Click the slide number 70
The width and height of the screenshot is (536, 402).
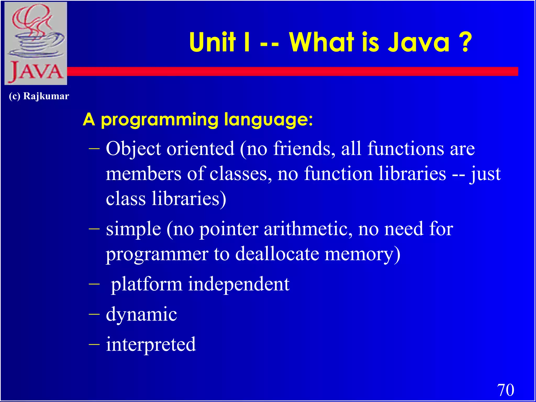click(x=505, y=390)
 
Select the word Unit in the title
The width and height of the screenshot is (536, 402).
click(x=212, y=42)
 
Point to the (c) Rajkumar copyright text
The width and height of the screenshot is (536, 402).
click(x=39, y=96)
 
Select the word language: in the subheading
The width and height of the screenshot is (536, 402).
click(x=268, y=120)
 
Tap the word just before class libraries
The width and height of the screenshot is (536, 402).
click(x=485, y=174)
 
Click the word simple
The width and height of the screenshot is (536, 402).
click(x=133, y=229)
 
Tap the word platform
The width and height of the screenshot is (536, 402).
click(x=147, y=284)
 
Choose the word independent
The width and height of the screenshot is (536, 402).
click(x=238, y=284)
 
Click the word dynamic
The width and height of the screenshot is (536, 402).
click(x=141, y=314)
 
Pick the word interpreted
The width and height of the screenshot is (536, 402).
click(x=151, y=344)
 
